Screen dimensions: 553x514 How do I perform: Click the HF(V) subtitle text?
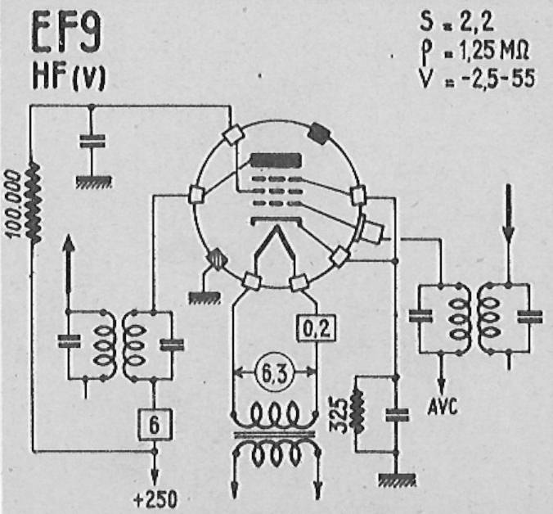click(x=69, y=78)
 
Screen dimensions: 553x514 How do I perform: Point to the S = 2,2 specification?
click(x=456, y=21)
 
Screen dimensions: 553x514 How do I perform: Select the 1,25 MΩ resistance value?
click(x=494, y=51)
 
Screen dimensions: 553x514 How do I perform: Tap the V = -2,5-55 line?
click(x=478, y=79)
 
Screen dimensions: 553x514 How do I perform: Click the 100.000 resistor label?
click(x=15, y=204)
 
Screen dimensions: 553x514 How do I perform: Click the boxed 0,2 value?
click(x=317, y=328)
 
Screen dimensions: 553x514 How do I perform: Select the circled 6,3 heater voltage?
click(x=274, y=372)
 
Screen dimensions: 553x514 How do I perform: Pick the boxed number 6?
click(x=155, y=425)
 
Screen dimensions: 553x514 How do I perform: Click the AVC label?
click(x=443, y=406)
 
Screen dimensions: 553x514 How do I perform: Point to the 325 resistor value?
click(x=338, y=415)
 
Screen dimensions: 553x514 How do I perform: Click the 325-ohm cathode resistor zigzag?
click(x=357, y=410)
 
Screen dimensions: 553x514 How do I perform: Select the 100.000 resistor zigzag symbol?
click(x=34, y=202)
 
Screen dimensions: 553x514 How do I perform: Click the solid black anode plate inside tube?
click(x=276, y=160)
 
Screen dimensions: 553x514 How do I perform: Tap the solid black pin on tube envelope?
click(x=319, y=133)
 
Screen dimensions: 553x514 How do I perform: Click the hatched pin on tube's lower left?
click(x=216, y=259)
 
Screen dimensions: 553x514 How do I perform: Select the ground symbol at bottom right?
click(x=397, y=480)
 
